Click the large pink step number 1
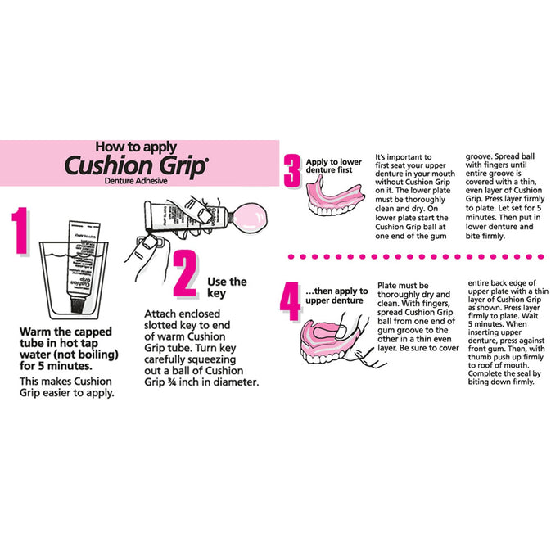(x=20, y=231)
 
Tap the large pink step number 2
(x=185, y=273)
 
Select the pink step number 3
(x=292, y=171)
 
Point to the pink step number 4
(x=290, y=301)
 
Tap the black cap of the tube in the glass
(x=77, y=305)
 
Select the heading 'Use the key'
(x=227, y=287)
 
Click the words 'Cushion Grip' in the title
(x=136, y=165)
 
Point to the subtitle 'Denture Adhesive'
(x=136, y=181)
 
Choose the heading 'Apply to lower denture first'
(x=333, y=166)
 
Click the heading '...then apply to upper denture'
(x=336, y=296)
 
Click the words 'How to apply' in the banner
(x=136, y=147)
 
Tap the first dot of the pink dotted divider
(x=291, y=256)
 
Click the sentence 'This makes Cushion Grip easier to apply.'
(x=67, y=387)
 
